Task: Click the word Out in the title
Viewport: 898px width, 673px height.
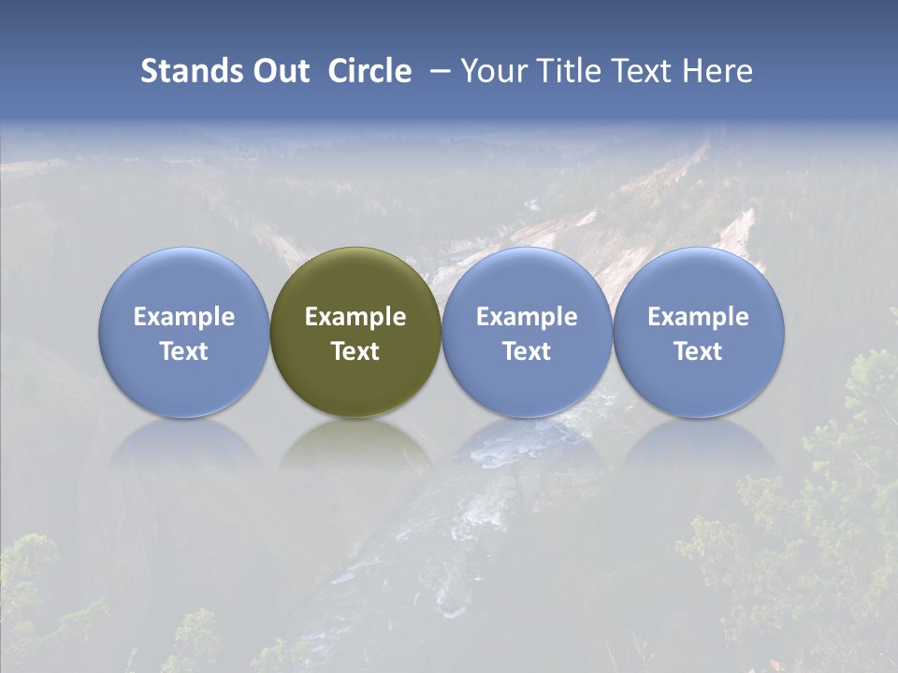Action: (x=279, y=71)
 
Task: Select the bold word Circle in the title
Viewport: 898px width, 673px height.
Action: (x=369, y=71)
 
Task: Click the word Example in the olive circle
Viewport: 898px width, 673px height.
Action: (x=355, y=317)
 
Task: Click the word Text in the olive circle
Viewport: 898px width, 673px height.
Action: (x=355, y=351)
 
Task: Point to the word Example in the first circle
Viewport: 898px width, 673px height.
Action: (x=183, y=317)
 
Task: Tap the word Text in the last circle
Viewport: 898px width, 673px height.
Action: (x=699, y=351)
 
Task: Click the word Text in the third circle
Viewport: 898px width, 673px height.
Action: (x=527, y=351)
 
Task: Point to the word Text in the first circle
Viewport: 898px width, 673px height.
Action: (x=183, y=351)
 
